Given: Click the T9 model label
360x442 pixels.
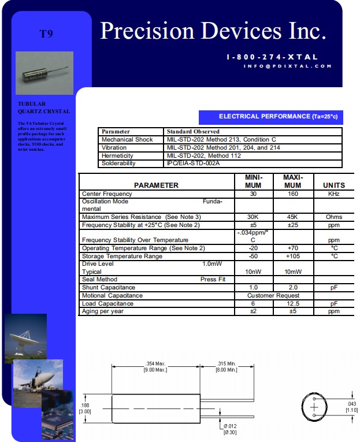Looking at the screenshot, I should point(46,34).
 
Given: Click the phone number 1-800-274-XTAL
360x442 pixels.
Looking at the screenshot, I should point(273,57).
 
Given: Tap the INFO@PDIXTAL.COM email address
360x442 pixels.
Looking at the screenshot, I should point(288,66).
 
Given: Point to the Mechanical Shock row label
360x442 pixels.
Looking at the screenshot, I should point(127,140).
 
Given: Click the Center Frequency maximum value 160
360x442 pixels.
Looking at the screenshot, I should point(293,194).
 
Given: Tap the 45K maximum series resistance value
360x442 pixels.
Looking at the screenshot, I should point(293,217).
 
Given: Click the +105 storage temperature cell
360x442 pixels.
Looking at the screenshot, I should point(293,256).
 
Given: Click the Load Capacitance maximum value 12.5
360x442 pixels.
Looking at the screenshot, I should point(293,303).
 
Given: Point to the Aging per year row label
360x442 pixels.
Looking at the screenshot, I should point(103,311).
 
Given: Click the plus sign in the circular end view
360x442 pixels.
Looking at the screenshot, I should point(314,407).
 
